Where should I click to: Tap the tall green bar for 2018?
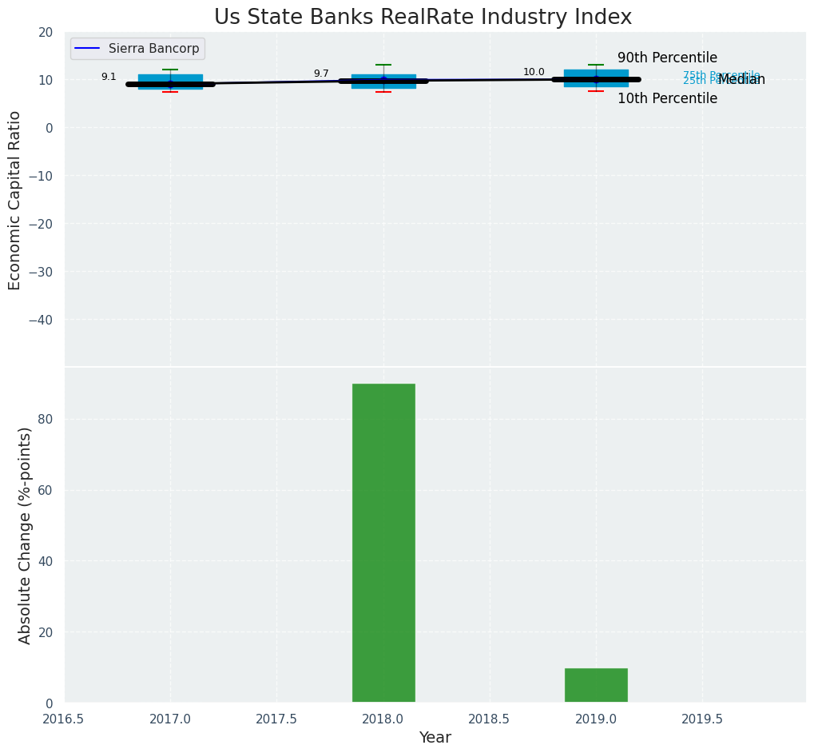(383, 543)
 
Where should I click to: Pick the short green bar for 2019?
(596, 685)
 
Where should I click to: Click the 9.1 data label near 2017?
(109, 78)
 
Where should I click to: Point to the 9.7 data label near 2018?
(321, 74)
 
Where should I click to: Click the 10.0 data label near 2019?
(534, 73)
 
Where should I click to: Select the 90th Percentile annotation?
(667, 58)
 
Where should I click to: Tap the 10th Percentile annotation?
(667, 99)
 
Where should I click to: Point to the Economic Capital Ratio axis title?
(15, 200)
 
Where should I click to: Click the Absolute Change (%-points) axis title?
(25, 535)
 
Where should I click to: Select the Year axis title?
(435, 738)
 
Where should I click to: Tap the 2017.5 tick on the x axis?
(276, 719)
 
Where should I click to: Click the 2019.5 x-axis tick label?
(702, 719)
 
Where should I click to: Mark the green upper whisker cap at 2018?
(383, 65)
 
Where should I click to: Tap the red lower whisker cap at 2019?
(596, 91)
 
